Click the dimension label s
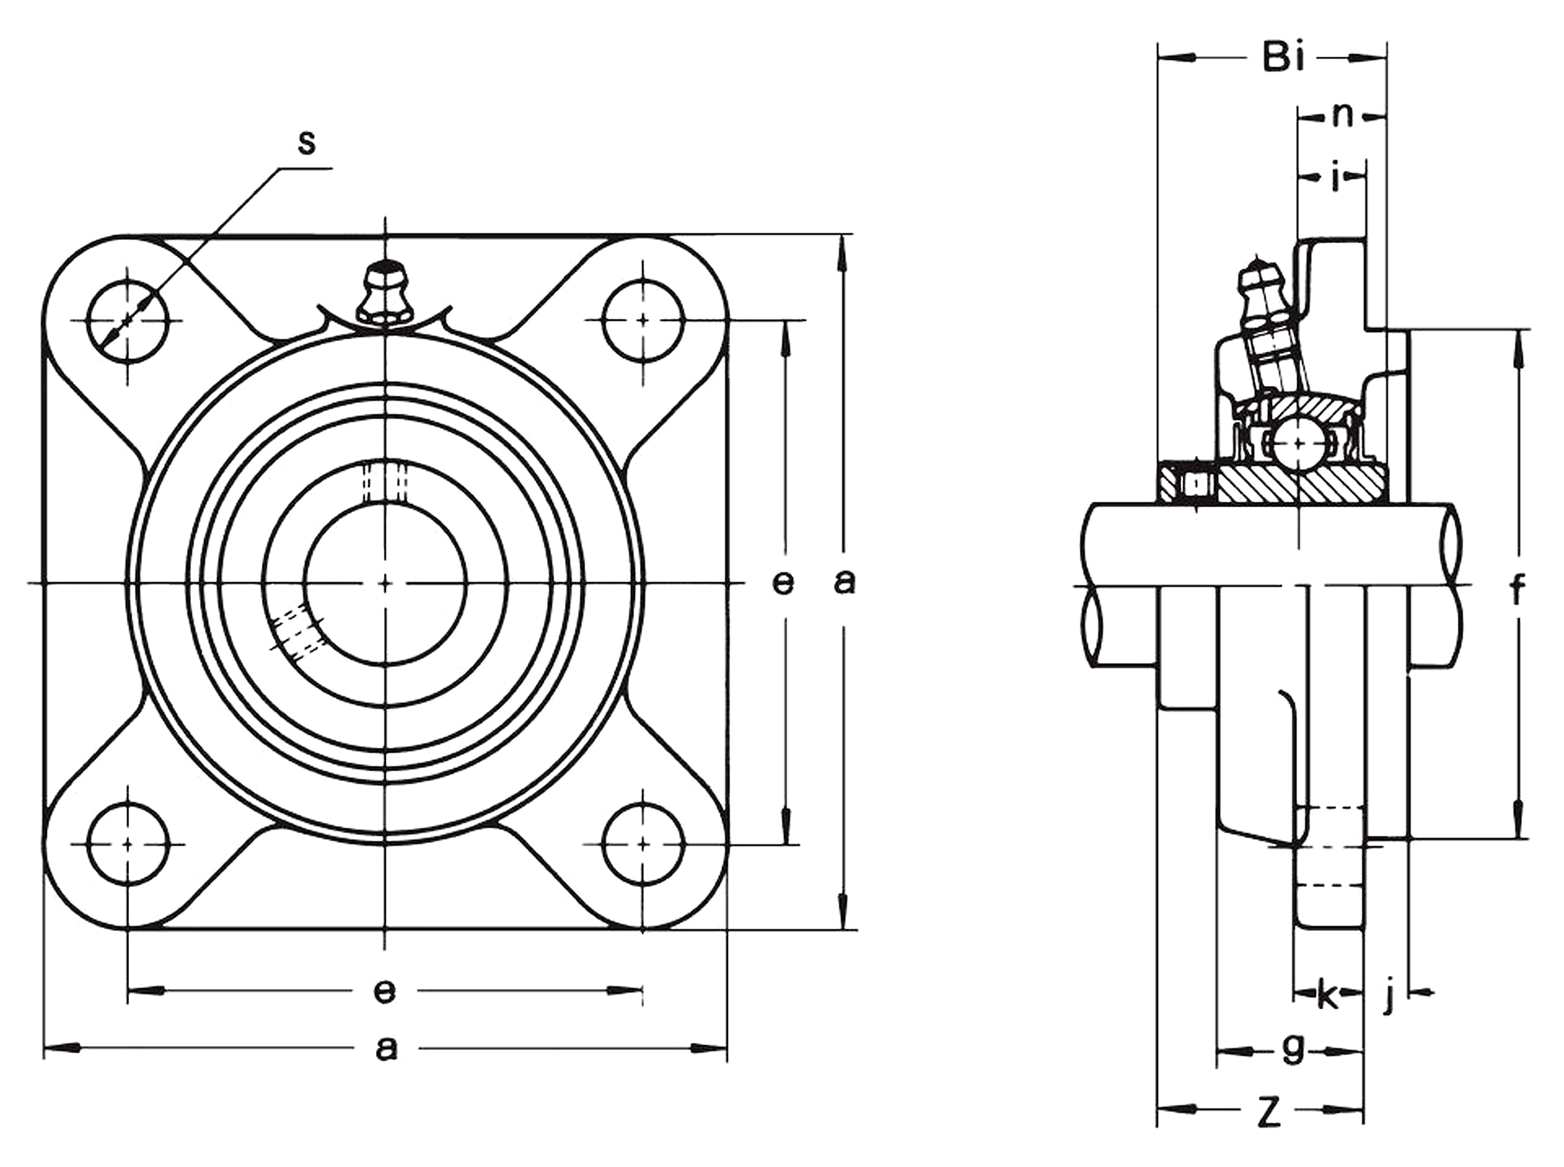pos(306,143)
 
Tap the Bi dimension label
pos(1283,57)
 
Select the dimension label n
pos(1342,116)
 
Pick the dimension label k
pos(1327,996)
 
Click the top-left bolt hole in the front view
pos(128,321)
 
